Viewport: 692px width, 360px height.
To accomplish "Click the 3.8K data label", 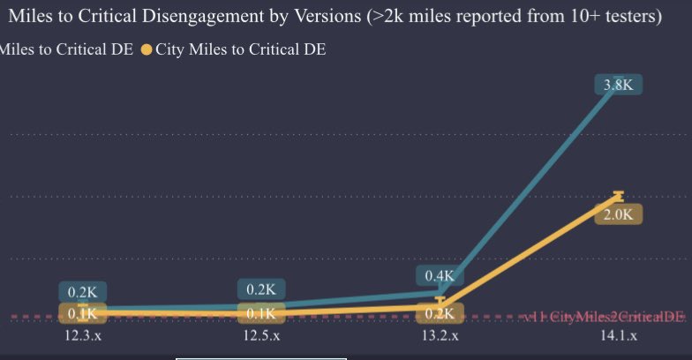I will pos(618,86).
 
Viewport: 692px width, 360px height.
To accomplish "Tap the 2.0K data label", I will pos(618,214).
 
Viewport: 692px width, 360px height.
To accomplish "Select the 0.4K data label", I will pos(439,275).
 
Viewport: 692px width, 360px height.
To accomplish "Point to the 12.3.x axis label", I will pos(82,336).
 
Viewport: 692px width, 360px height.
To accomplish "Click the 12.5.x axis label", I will pos(261,336).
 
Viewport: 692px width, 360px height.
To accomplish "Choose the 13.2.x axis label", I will pos(439,336).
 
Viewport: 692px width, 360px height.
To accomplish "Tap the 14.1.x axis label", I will pos(618,336).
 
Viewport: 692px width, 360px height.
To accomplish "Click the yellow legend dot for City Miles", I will pos(147,50).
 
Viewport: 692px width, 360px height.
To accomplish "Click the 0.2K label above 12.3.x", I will pos(82,292).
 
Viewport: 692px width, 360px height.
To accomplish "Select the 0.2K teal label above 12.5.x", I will pos(261,289).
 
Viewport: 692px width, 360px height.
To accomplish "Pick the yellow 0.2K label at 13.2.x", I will pos(439,313).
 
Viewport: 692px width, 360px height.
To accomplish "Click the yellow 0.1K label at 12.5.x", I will pos(261,313).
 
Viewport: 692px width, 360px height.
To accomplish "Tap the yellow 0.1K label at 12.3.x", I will pos(82,313).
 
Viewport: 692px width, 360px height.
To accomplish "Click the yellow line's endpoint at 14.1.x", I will pos(618,195).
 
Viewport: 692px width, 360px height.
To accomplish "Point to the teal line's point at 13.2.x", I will pos(439,291).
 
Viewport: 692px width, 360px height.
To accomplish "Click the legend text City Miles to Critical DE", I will pos(241,50).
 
